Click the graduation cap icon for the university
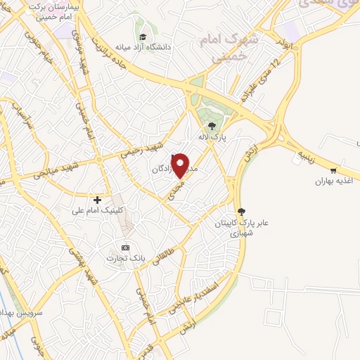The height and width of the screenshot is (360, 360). click(143, 37)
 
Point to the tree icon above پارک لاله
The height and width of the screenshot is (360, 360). click(212, 124)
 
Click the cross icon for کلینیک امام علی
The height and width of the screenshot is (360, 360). click(97, 200)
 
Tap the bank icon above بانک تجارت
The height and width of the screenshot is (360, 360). click(125, 247)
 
